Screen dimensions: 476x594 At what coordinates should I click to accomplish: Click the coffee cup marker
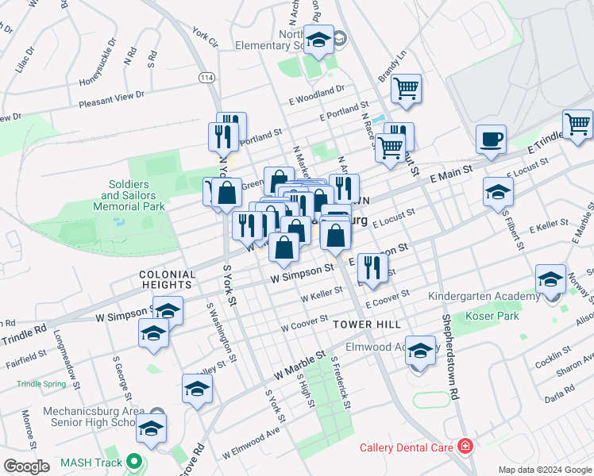click(x=491, y=140)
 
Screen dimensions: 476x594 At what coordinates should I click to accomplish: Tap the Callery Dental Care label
click(x=406, y=447)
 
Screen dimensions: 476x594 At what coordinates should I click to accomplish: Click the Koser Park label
click(x=496, y=316)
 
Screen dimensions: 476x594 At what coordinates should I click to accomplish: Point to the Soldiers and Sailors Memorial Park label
click(x=133, y=195)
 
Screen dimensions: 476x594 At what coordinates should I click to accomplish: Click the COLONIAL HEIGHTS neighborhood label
click(x=165, y=278)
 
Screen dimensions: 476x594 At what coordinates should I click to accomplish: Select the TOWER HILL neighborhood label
click(x=366, y=324)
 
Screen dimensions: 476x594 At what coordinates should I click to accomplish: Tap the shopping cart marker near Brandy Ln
click(x=406, y=88)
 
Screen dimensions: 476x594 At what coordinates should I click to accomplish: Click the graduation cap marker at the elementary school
click(x=319, y=40)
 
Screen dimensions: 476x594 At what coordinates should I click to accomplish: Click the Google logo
click(x=27, y=466)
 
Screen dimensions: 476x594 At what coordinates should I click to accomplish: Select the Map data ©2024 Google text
click(x=544, y=469)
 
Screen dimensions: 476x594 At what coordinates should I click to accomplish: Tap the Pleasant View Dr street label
click(x=111, y=98)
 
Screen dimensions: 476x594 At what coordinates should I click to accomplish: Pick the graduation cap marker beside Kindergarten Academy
click(x=550, y=279)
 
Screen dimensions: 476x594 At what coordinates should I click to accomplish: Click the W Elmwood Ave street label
click(x=252, y=443)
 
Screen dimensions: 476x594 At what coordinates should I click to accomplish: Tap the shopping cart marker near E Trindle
click(x=577, y=124)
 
